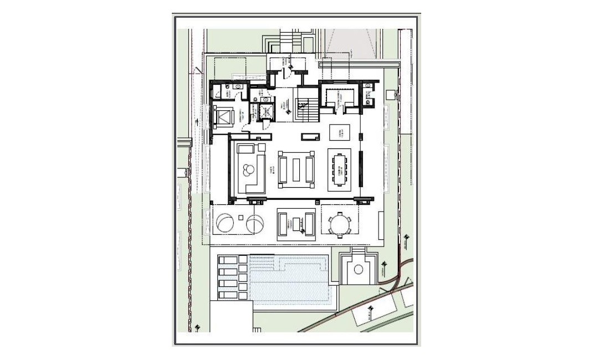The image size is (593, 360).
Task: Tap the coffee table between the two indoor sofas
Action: pyautogui.click(x=296, y=169)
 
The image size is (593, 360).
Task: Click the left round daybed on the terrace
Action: pyautogui.click(x=226, y=224)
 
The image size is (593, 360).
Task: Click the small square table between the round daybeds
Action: pyautogui.click(x=241, y=215)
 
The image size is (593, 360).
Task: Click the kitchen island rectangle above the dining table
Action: pyautogui.click(x=340, y=133)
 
